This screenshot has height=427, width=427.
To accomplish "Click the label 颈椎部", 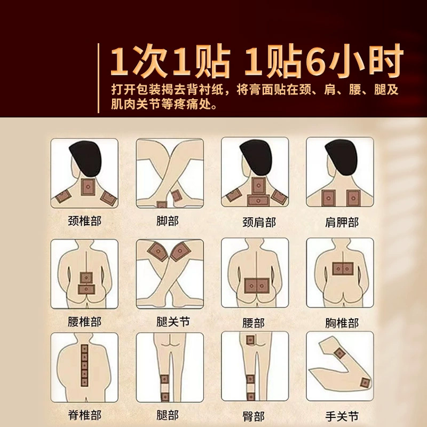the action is [84, 221].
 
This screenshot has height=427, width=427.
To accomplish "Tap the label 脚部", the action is [168, 221].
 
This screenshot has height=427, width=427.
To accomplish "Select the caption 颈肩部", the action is [259, 222].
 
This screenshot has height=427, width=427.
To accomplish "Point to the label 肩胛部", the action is [342, 222].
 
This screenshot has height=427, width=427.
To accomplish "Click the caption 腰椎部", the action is [84, 322].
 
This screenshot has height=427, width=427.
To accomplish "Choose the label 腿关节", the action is [173, 322].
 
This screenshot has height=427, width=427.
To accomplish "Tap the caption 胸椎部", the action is [342, 323].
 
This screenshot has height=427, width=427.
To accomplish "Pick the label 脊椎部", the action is [84, 415].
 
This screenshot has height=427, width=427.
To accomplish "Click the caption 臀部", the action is [254, 416].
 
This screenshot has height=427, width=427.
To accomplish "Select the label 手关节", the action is [342, 416].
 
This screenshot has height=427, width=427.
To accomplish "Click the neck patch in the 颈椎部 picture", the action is [88, 186].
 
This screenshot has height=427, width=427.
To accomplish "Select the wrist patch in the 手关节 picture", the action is [339, 353].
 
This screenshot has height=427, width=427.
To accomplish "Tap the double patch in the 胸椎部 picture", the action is [343, 269].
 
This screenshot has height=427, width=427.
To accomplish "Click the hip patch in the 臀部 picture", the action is [250, 340].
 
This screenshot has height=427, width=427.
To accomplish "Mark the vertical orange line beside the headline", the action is [98, 78].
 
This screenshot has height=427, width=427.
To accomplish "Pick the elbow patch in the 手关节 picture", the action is [365, 383].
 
